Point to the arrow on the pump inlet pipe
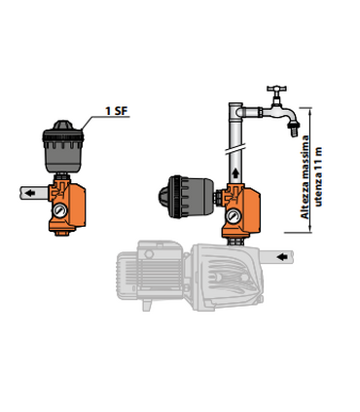279,255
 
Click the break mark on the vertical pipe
236,154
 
